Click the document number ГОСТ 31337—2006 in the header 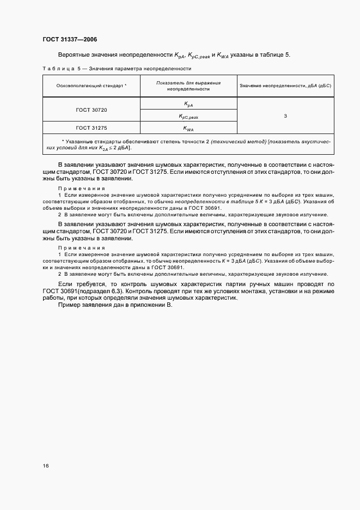pyautogui.click(x=69, y=39)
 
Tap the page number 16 pyautogui.click(x=45, y=466)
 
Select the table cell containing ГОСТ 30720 pyautogui.click(x=91, y=110)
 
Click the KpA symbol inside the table pyautogui.click(x=188, y=104)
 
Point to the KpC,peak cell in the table pyautogui.click(x=188, y=116)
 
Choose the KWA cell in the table pyautogui.click(x=188, y=129)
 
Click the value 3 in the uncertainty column pyautogui.click(x=285, y=116)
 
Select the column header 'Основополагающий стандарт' pyautogui.click(x=91, y=86)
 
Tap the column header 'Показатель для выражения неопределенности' pyautogui.click(x=188, y=86)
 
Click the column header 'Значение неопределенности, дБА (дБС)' pyautogui.click(x=285, y=86)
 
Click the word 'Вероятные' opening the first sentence pyautogui.click(x=74, y=55)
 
